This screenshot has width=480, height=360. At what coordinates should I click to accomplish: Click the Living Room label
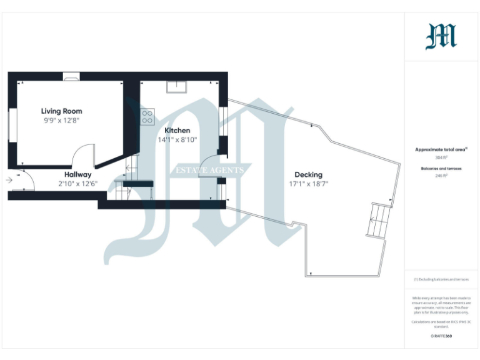click(62, 111)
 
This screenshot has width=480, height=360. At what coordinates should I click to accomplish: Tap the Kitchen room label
click(177, 131)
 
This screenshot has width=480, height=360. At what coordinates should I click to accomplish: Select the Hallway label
click(78, 174)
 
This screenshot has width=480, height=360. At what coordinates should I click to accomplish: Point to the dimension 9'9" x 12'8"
click(62, 120)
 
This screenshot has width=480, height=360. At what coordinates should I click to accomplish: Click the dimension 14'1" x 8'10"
click(177, 140)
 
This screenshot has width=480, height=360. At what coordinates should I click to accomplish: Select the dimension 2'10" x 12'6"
click(78, 184)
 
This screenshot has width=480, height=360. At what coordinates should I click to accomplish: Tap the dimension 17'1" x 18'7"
click(308, 184)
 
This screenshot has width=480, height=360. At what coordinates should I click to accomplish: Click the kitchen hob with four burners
click(147, 117)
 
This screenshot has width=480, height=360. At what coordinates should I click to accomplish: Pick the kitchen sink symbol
click(177, 87)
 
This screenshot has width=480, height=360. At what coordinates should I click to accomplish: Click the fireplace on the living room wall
click(71, 77)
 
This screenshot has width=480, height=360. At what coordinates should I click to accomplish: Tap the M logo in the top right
click(441, 36)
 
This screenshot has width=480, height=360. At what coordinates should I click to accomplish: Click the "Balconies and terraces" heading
click(441, 169)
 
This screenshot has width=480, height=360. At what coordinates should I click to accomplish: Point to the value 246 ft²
click(441, 176)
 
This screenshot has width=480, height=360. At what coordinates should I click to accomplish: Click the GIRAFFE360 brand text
click(441, 336)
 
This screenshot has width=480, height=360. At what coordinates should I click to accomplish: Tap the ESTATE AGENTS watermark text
click(212, 170)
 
